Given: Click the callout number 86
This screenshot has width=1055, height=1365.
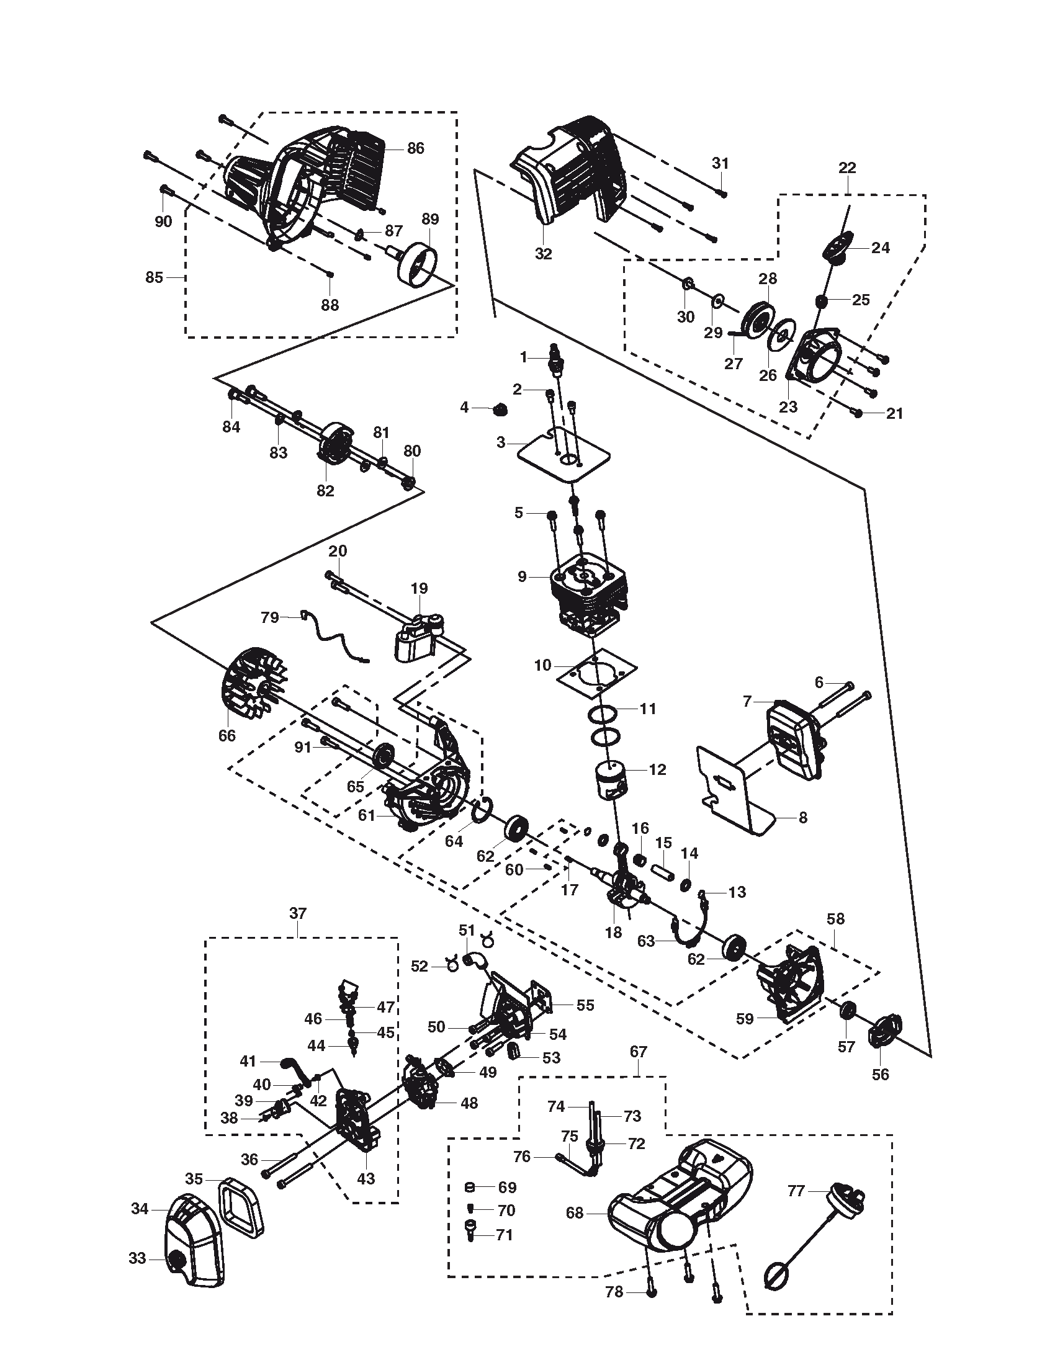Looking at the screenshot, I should coord(415,148).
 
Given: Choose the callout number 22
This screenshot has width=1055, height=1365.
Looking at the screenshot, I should coord(847,168).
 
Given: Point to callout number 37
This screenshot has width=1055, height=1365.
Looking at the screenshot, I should coord(298,913).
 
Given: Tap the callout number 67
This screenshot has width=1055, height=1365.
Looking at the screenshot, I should coord(638,1052).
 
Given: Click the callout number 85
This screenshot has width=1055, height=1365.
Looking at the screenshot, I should coord(155,277).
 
